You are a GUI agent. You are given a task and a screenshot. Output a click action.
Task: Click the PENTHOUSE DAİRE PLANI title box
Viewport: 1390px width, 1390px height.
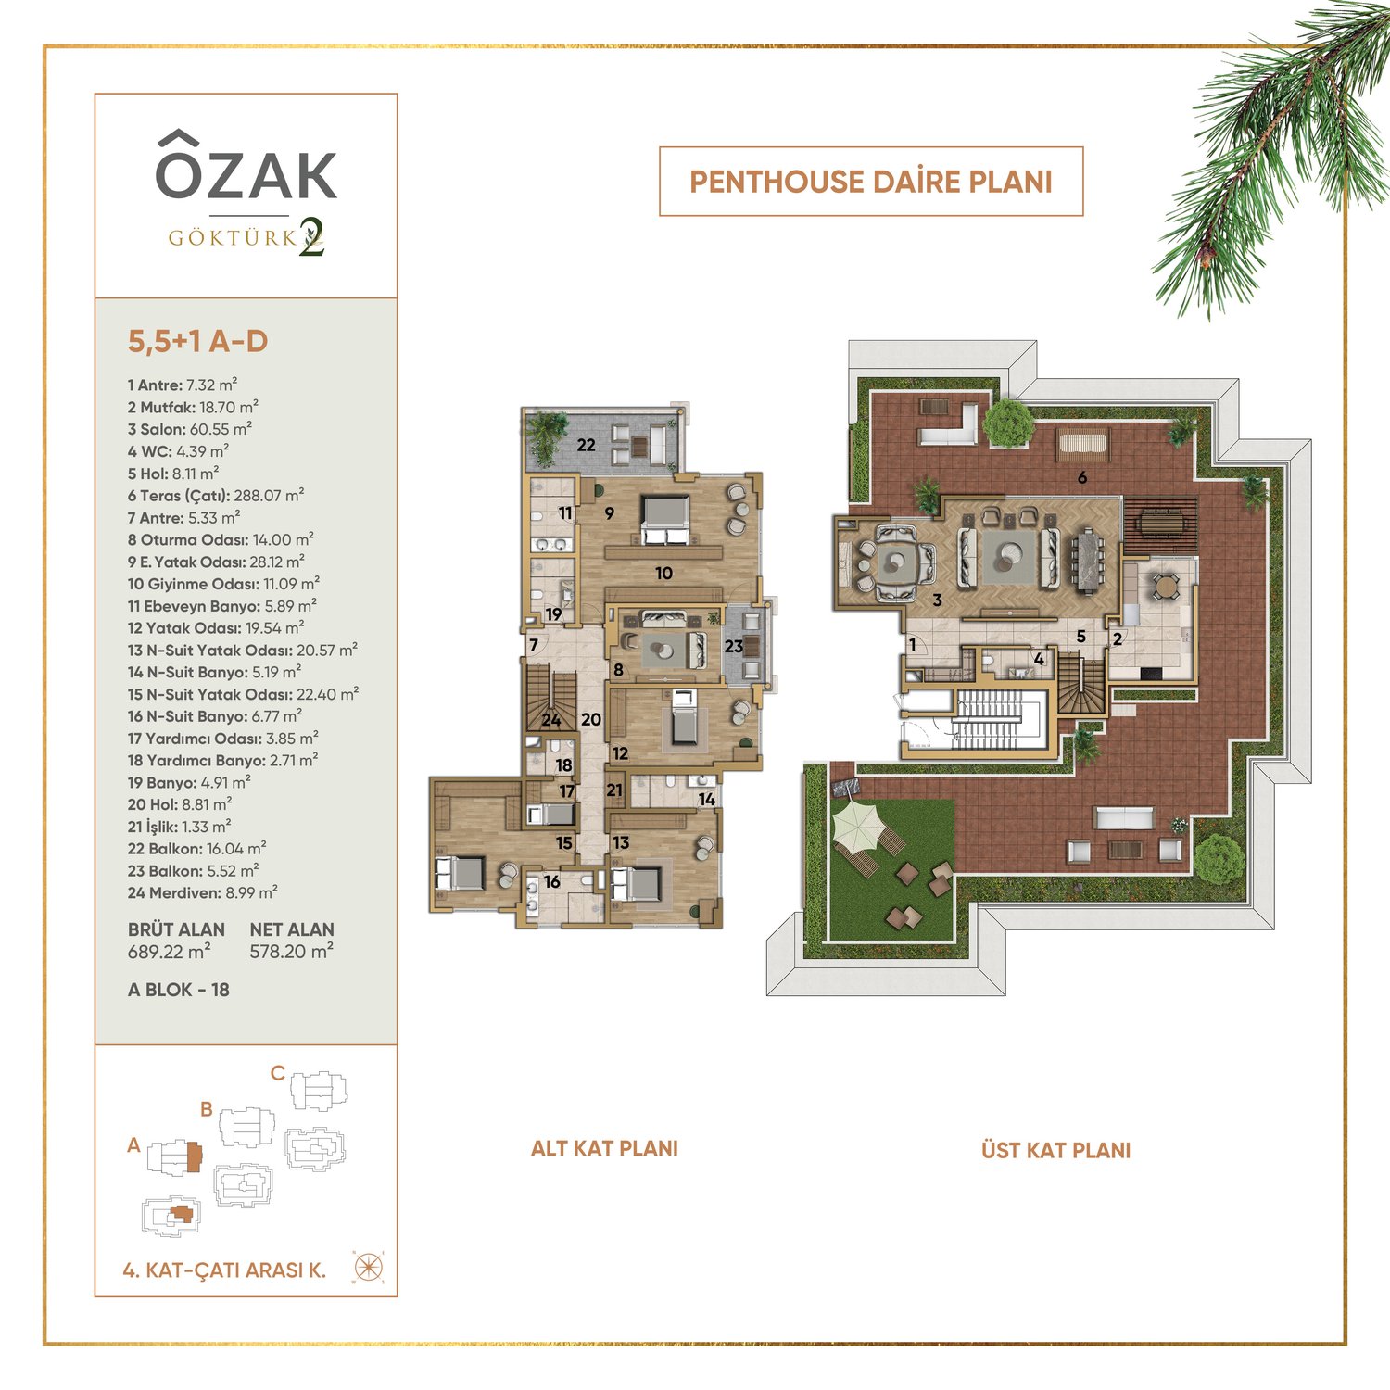(871, 182)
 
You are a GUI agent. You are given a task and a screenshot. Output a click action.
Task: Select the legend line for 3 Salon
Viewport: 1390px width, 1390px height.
(190, 429)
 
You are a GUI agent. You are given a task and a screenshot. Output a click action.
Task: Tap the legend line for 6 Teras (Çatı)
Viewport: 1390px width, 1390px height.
(216, 496)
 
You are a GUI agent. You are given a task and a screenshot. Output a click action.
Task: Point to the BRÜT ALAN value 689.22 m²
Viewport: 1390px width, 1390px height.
(170, 952)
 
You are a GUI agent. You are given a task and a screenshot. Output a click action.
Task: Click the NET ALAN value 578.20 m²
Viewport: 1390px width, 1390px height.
(292, 952)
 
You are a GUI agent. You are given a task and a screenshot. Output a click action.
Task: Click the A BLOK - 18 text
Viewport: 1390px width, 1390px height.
(179, 990)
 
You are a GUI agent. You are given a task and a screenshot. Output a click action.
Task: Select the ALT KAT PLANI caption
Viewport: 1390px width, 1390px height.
(604, 1148)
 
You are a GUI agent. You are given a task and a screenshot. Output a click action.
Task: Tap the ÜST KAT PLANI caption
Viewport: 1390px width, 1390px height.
(1056, 1150)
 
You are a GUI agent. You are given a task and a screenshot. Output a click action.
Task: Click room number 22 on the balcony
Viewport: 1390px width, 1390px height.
(587, 445)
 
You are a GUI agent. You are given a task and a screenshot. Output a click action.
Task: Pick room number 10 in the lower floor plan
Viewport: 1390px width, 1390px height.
(663, 574)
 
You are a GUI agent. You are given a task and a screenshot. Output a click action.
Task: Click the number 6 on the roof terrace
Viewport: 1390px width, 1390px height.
(1082, 478)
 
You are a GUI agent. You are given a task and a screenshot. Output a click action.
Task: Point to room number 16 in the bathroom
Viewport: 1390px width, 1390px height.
(552, 881)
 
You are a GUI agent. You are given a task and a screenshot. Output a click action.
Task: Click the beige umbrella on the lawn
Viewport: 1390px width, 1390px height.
(860, 823)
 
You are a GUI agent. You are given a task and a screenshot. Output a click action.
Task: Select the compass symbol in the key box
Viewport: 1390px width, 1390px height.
(369, 1267)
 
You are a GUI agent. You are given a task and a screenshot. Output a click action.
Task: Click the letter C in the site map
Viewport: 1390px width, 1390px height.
(278, 1073)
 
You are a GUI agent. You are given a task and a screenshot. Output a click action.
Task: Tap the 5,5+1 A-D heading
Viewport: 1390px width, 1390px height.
(198, 341)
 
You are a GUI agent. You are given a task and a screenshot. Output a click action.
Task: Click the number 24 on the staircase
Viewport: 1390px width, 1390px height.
(551, 720)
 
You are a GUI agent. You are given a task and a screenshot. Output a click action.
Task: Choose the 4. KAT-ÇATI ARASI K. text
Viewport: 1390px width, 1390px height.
(224, 1270)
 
